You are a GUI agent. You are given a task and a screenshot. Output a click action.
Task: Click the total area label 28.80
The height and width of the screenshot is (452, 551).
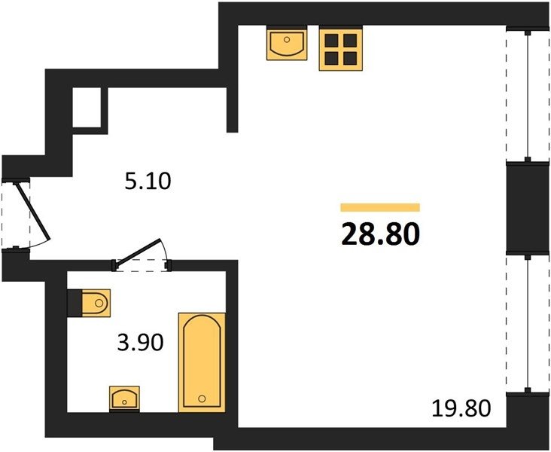[x=381, y=234]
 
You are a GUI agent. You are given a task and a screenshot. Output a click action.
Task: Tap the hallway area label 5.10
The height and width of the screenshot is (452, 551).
[x=148, y=182]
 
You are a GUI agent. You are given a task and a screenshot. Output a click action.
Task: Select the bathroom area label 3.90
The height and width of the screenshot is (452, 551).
[x=140, y=343]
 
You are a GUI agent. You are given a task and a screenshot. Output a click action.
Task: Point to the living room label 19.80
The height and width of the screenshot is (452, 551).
[x=461, y=408]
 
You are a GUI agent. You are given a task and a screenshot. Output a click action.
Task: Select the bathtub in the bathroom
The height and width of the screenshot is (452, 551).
[x=202, y=362]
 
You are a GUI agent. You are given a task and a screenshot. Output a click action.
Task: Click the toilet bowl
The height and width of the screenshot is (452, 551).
[x=96, y=303]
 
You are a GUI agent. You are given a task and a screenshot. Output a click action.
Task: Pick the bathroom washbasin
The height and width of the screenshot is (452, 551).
[x=124, y=399]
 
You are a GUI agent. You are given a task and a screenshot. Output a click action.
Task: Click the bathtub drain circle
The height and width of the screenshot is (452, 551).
[x=202, y=399]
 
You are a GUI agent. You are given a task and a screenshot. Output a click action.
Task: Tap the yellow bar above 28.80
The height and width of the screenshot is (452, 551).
[x=380, y=207]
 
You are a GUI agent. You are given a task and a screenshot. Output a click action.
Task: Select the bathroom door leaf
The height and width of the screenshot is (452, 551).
[x=139, y=250]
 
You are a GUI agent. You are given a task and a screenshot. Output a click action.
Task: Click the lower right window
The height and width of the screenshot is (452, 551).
[x=528, y=324]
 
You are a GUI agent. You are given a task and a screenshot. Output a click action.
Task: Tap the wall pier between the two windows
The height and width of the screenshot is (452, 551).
[x=528, y=209]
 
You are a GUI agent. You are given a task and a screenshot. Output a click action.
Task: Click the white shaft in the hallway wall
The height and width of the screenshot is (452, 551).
[x=87, y=107]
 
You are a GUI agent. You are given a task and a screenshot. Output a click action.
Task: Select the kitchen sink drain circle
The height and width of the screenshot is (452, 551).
[x=287, y=40]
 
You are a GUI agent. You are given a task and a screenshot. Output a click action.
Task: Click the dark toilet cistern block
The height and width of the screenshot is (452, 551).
[x=75, y=303]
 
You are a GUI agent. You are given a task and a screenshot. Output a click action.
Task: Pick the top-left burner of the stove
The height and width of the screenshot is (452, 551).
[x=331, y=41]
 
